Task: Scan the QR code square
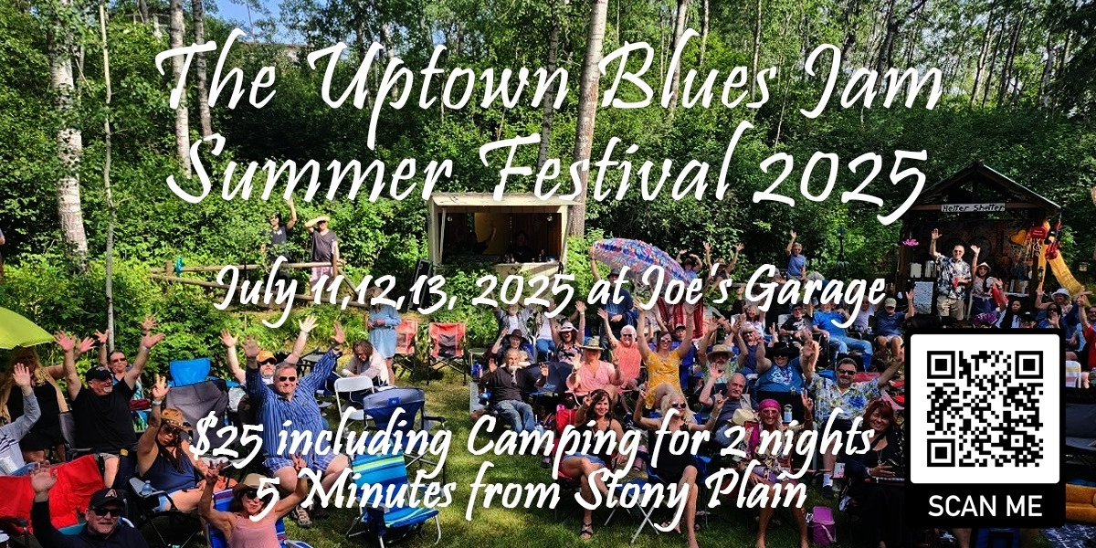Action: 985,407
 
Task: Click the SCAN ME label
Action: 985,505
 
